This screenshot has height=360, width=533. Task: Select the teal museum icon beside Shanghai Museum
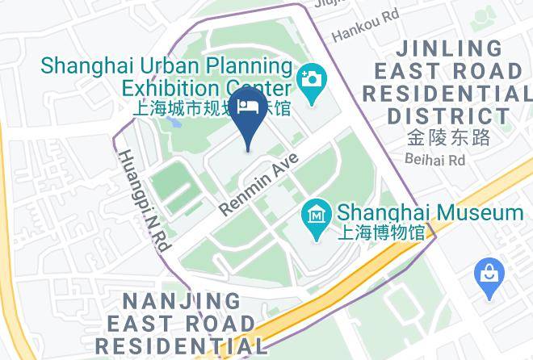pyautogui.click(x=317, y=214)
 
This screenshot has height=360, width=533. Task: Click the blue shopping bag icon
pyautogui.click(x=489, y=272)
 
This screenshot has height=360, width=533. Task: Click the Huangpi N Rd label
pyautogui.click(x=142, y=201)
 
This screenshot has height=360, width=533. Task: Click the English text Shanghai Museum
pyautogui.click(x=430, y=213)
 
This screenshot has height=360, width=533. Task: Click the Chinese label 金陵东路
pyautogui.click(x=449, y=137)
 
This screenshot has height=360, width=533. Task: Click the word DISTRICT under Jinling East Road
pyautogui.click(x=447, y=115)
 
